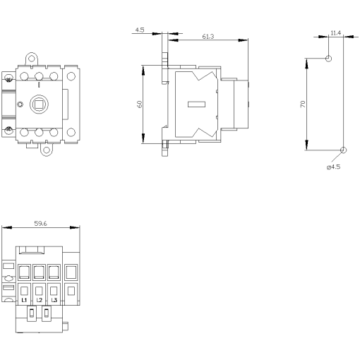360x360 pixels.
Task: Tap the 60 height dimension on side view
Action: click(140, 103)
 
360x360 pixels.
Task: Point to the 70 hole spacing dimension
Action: click(302, 103)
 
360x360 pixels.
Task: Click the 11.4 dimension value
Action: click(335, 33)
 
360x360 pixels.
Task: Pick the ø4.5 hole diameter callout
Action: click(334, 167)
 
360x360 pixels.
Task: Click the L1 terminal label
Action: click(25, 300)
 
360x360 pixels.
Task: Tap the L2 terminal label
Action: click(40, 300)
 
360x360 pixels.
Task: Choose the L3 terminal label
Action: click(54, 300)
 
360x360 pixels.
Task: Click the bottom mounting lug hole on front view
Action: click(47, 150)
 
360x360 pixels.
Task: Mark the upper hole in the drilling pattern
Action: click(328, 59)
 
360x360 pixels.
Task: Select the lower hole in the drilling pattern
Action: click(343, 150)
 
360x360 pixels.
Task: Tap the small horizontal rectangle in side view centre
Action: click(196, 105)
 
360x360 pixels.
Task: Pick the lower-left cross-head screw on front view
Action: click(10, 129)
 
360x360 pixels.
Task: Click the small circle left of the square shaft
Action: click(20, 105)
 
